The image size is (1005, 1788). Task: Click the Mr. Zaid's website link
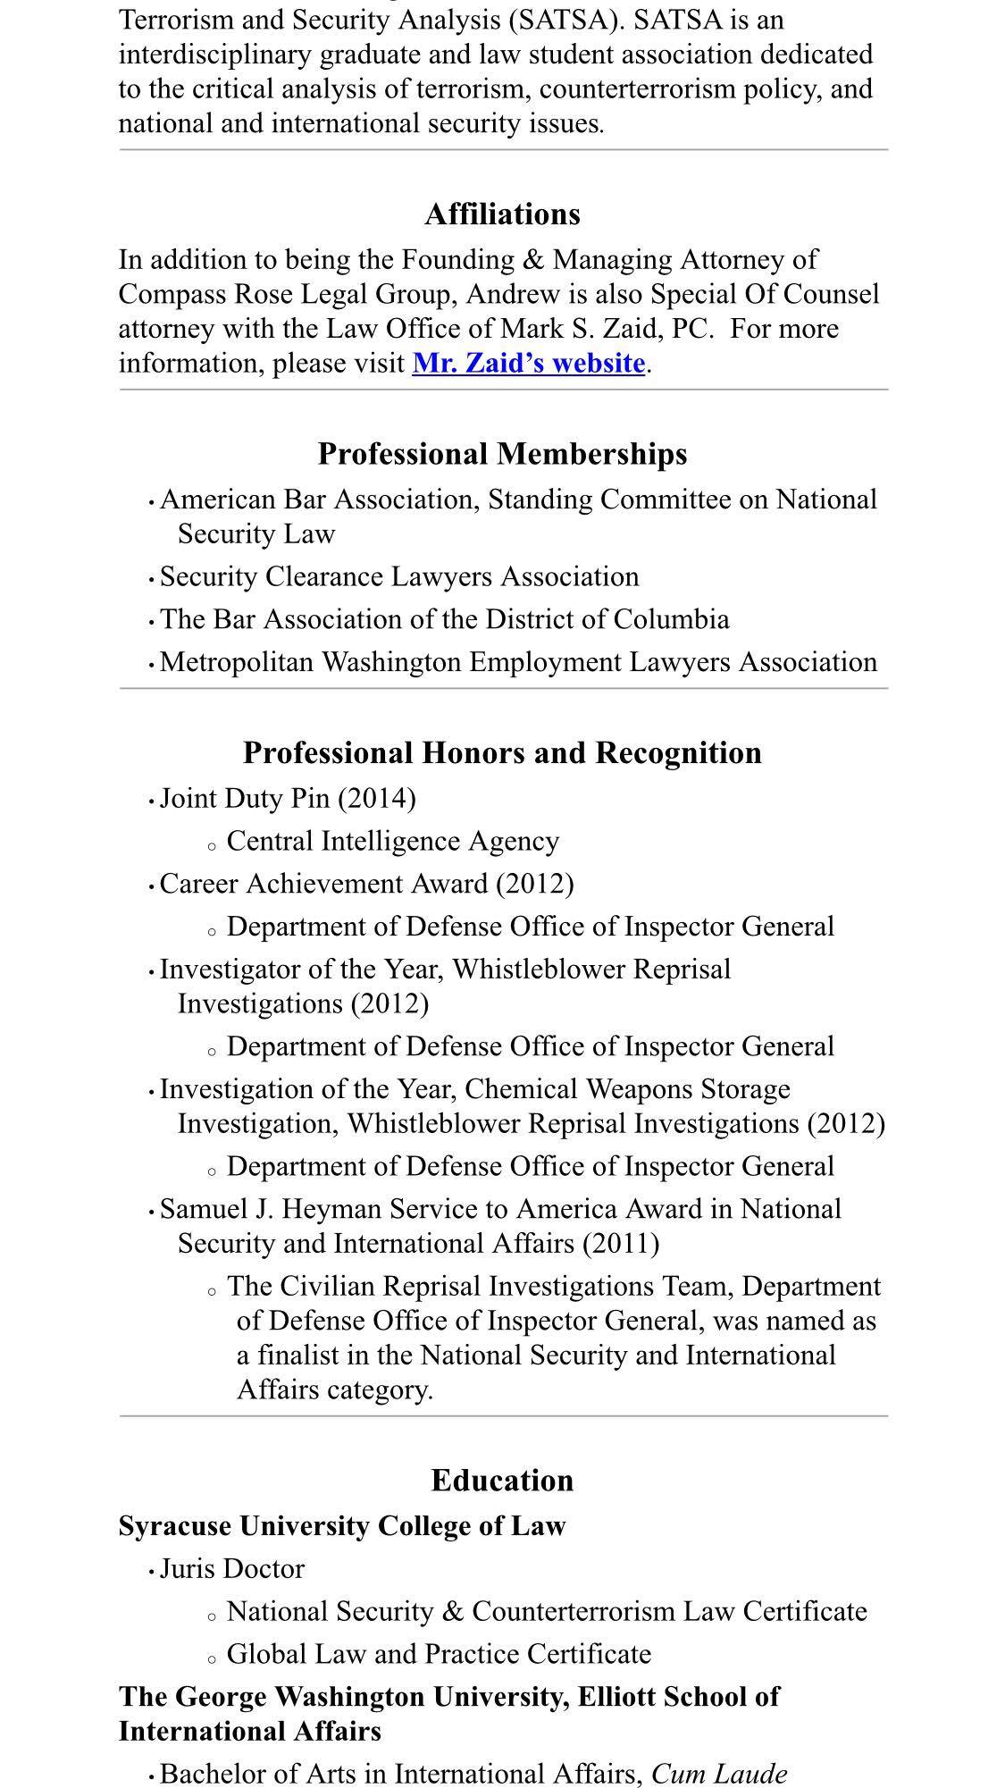click(x=528, y=363)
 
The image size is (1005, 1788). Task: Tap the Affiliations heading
click(x=502, y=214)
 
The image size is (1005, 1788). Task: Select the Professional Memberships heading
click(x=502, y=454)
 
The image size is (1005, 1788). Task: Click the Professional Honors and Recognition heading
click(x=502, y=752)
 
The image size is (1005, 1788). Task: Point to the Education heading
click(x=502, y=1481)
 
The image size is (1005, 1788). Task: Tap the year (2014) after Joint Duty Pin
click(x=377, y=798)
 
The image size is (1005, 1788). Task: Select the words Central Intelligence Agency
click(x=393, y=841)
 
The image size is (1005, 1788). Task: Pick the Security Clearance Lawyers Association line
click(x=399, y=576)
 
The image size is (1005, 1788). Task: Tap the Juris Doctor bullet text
click(x=232, y=1568)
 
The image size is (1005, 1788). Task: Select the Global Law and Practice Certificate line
click(x=439, y=1654)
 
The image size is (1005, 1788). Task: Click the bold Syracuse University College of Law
click(x=342, y=1525)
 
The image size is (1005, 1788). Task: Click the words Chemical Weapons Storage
click(x=627, y=1089)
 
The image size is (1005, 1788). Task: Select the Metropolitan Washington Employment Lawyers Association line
click(x=518, y=662)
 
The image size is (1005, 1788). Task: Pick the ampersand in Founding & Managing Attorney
click(x=532, y=260)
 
